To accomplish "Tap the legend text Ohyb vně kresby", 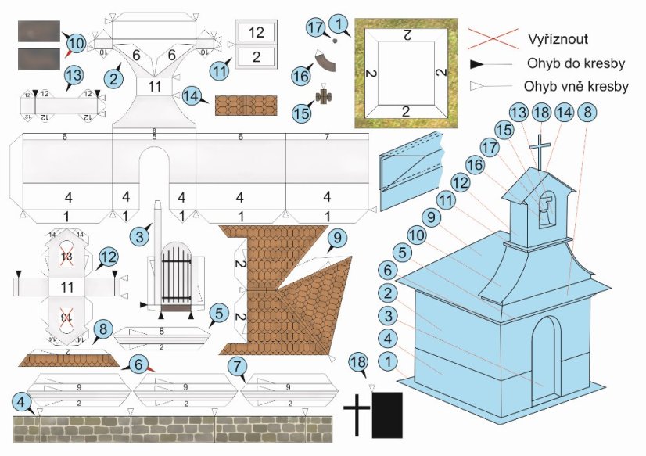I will (571, 87).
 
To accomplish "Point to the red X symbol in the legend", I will (493, 37).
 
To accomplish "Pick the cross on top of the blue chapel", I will (539, 148).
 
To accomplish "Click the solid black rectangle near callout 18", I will (387, 415).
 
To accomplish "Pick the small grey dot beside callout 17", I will (336, 39).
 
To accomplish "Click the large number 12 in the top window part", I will (256, 32).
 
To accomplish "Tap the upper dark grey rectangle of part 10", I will (38, 31).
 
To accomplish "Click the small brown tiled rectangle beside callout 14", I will (246, 105).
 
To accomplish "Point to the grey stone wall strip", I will (172, 429).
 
